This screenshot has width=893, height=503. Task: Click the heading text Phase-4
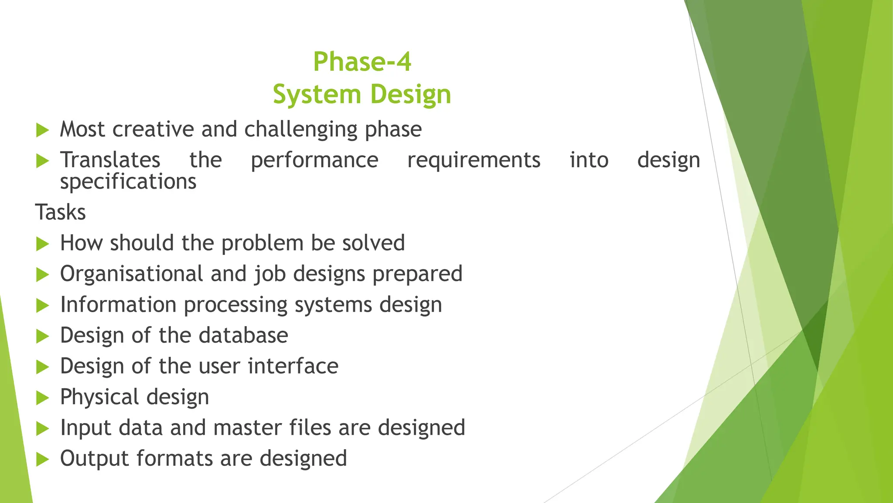pyautogui.click(x=362, y=62)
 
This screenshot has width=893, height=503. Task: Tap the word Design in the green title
pyautogui.click(x=411, y=95)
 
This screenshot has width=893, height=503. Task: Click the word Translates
pyautogui.click(x=110, y=160)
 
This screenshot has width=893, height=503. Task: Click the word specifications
pyautogui.click(x=128, y=182)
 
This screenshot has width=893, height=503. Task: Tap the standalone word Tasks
pyautogui.click(x=61, y=213)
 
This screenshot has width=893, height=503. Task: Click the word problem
pyautogui.click(x=262, y=244)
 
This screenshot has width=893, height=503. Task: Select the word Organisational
pyautogui.click(x=132, y=274)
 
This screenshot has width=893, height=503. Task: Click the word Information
pyautogui.click(x=118, y=305)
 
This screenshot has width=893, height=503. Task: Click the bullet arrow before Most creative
pyautogui.click(x=42, y=130)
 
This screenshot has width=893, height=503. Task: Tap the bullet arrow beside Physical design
pyautogui.click(x=42, y=398)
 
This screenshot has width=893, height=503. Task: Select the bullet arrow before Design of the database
pyautogui.click(x=42, y=336)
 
